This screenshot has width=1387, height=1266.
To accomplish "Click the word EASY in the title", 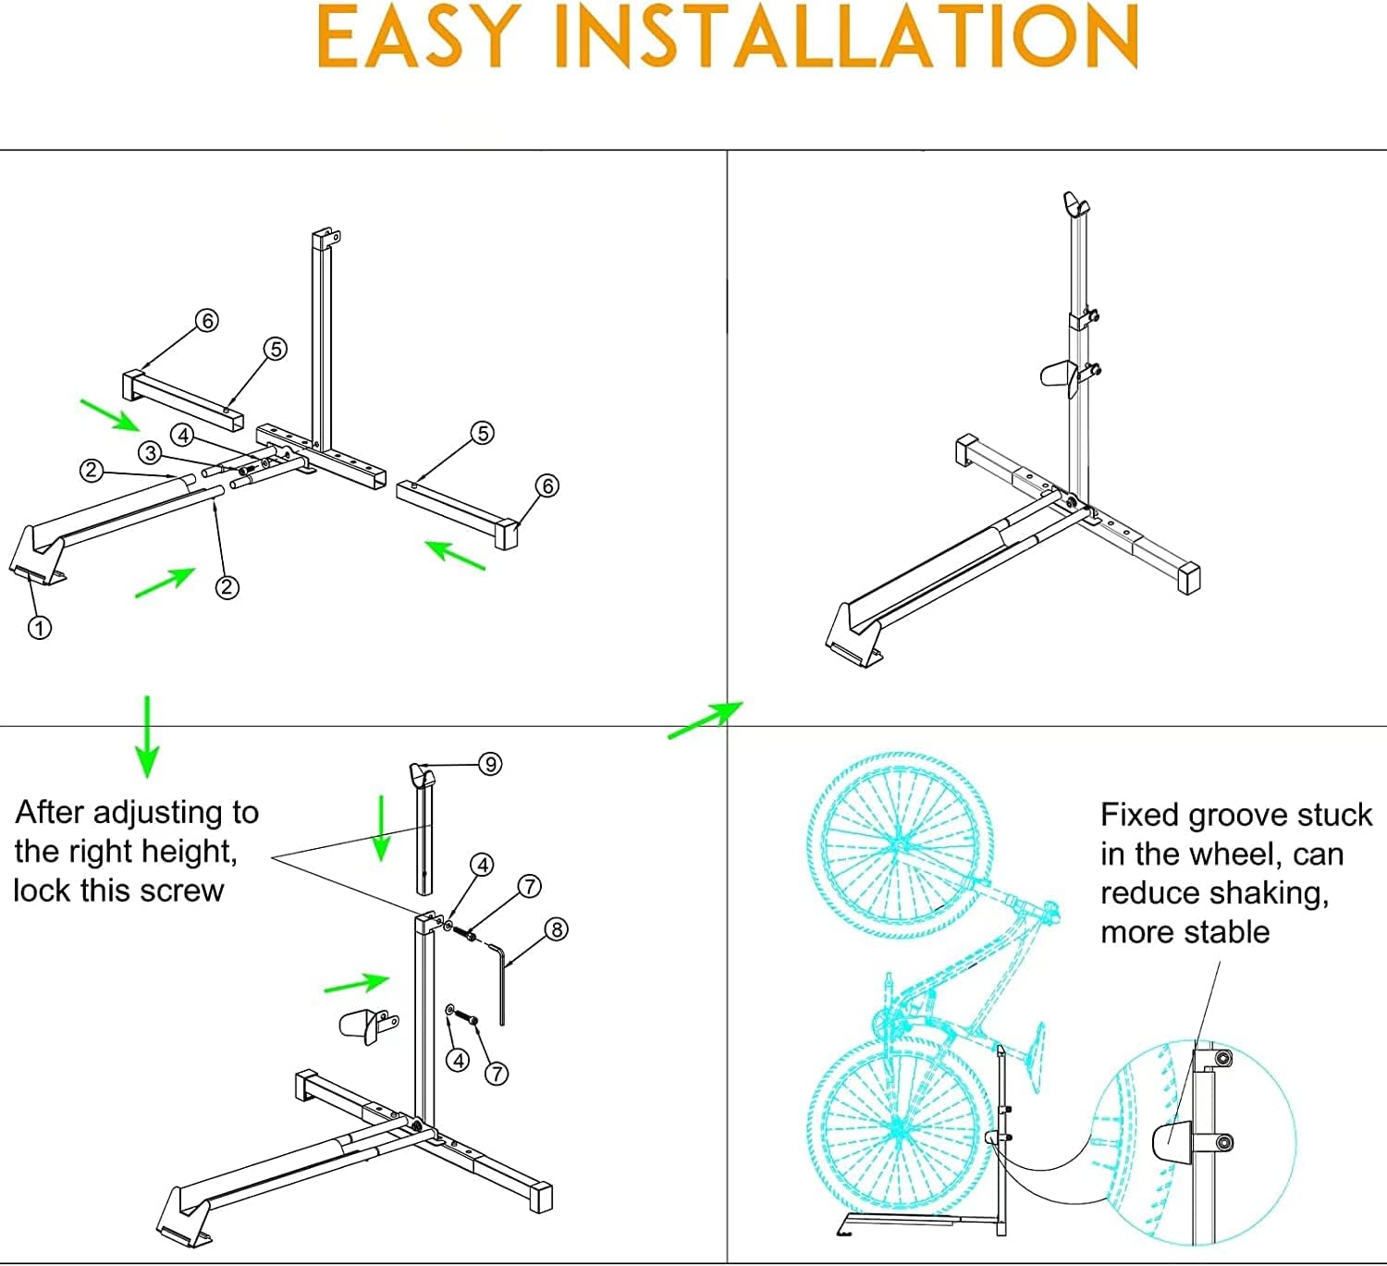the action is tap(420, 36).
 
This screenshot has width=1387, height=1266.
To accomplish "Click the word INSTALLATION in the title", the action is tap(847, 36).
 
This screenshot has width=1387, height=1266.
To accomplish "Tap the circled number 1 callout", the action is tap(40, 628).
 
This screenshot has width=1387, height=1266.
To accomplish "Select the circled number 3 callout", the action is tap(150, 453).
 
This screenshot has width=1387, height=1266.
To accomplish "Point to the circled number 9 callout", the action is tap(490, 765).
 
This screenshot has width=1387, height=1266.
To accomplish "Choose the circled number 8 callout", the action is tap(556, 929).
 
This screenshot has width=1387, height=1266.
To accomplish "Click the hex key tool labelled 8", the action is tap(497, 983).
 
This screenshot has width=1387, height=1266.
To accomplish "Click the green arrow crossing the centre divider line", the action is tap(706, 719).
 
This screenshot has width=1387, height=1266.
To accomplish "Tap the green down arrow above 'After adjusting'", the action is tap(147, 737).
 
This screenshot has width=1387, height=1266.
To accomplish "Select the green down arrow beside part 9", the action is tap(381, 828).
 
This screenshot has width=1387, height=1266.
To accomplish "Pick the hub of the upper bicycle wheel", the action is tap(899, 844).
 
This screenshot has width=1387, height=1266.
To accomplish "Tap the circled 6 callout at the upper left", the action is tap(207, 320).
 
